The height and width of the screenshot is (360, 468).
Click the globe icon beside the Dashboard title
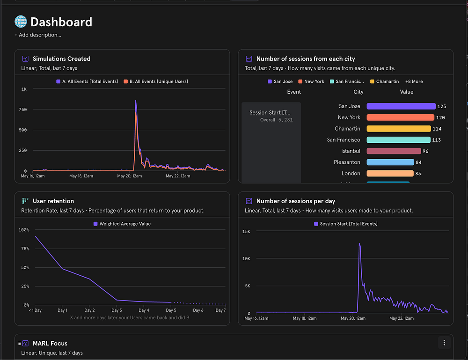21,22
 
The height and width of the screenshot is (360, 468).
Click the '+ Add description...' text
38,35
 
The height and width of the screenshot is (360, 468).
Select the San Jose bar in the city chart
401,106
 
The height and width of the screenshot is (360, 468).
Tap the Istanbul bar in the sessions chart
394,151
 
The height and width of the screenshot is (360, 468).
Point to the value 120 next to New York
440,118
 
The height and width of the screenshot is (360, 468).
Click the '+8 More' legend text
414,81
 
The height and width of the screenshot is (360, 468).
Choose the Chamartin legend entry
384,81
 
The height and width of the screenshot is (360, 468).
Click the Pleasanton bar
390,162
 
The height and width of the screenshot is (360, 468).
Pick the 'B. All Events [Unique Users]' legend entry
156,81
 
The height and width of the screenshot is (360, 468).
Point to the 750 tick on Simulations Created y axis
22,110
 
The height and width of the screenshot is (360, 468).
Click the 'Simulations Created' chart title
61,59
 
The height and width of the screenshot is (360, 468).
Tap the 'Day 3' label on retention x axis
117,310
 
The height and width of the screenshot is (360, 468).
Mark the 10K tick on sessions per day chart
247,258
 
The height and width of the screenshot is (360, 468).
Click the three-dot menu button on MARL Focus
444,343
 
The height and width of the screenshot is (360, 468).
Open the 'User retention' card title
53,201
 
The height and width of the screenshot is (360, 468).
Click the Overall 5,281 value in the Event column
276,120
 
